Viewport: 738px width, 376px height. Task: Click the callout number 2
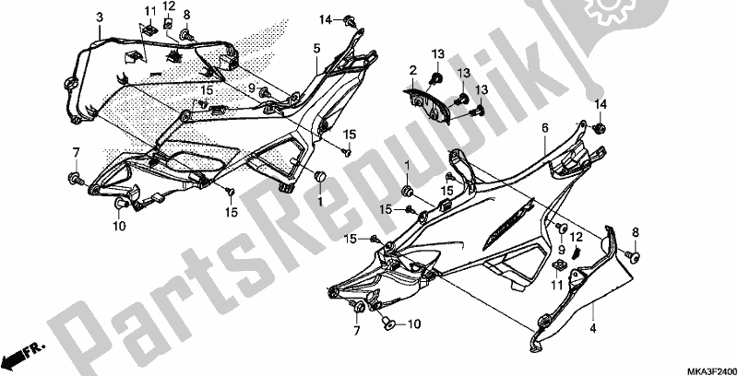point(412,70)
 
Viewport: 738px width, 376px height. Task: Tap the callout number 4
point(593,327)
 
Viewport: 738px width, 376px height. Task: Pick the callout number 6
point(545,128)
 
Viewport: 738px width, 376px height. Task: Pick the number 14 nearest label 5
point(326,19)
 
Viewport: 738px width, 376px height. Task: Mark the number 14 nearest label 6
point(601,102)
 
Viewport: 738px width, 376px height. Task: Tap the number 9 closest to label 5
point(249,88)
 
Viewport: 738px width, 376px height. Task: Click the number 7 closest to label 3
point(76,151)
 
